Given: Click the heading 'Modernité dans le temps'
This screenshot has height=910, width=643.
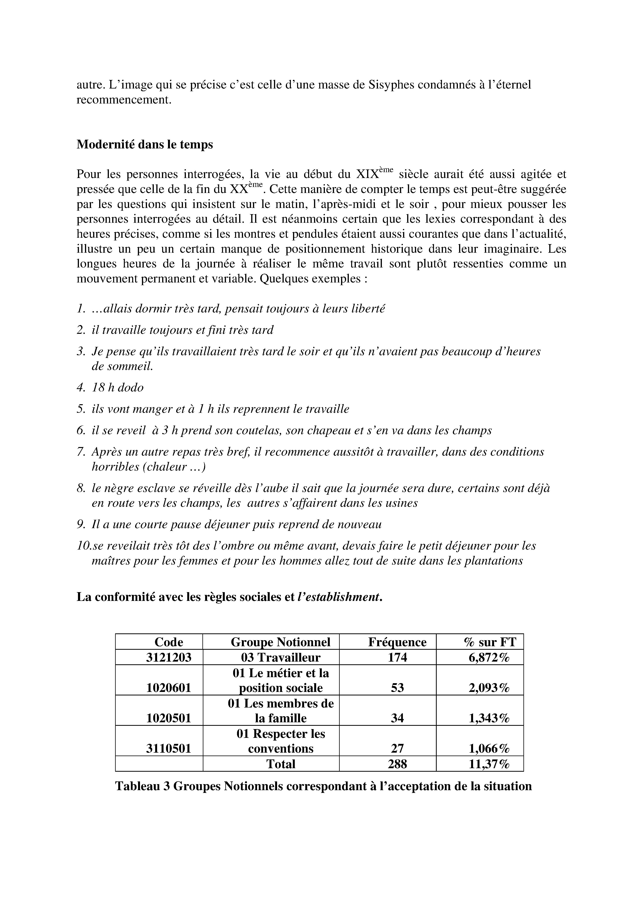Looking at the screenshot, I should point(145,145).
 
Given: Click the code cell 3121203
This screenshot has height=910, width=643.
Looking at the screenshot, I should point(169,658).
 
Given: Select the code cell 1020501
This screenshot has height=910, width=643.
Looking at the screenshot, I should point(169,718).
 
